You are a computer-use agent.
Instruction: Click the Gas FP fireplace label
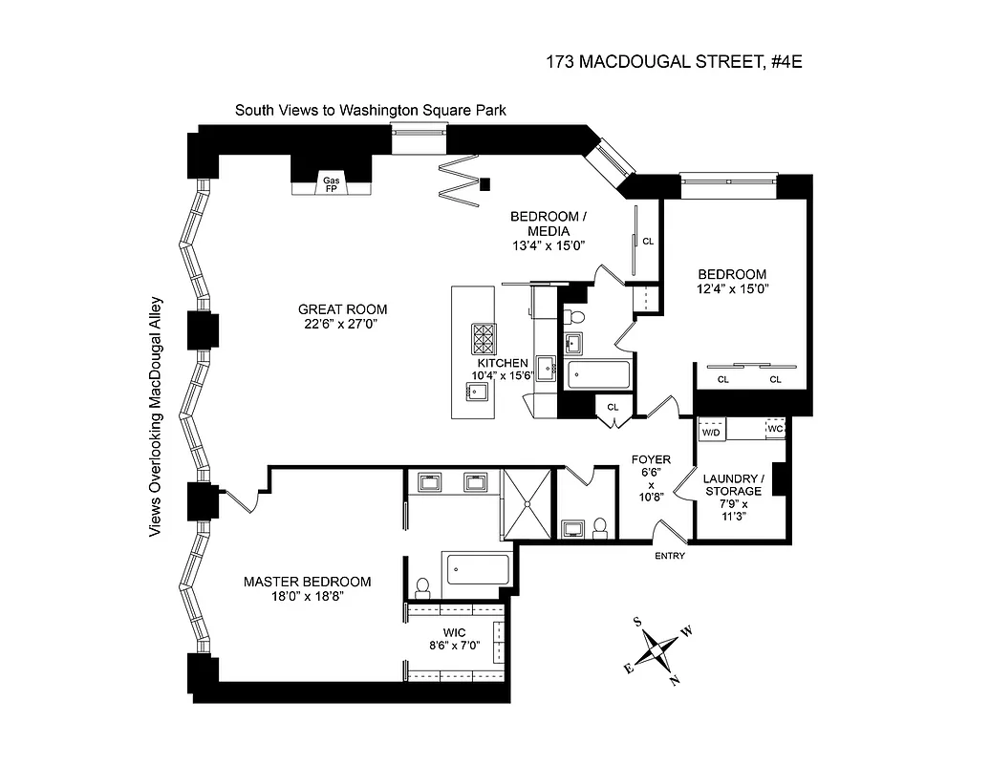[331, 183]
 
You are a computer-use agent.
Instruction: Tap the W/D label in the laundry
[711, 433]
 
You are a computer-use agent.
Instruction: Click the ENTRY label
[669, 556]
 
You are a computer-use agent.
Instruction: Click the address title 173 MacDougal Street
[678, 63]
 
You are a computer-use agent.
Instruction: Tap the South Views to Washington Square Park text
[371, 111]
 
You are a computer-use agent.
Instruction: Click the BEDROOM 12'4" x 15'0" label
[733, 281]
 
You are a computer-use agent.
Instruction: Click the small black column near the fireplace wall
[485, 183]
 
